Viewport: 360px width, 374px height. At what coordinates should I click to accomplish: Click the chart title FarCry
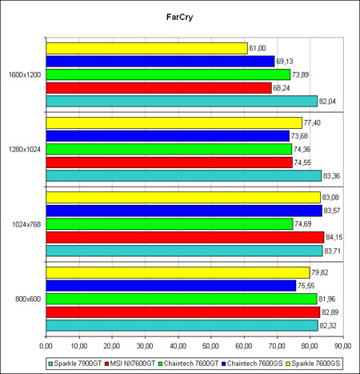pos(179,17)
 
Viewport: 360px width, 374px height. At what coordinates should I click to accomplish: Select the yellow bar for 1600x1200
pos(146,48)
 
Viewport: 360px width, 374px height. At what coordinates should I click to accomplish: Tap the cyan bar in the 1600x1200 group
pos(182,101)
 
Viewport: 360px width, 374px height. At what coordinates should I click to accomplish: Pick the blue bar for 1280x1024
pos(168,136)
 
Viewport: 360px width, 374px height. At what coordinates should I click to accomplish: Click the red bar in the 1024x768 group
pos(185,237)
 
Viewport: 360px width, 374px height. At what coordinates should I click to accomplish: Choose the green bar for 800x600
pos(182,299)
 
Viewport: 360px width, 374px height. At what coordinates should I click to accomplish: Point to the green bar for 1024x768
pos(170,224)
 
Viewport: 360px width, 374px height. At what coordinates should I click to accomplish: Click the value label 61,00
pos(258,48)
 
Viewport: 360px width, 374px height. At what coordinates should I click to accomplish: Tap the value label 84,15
pos(334,237)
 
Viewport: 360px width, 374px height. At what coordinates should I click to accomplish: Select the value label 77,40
pos(312,123)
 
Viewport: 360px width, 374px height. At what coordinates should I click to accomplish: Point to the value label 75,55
pos(306,286)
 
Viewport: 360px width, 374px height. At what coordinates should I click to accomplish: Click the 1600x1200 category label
pos(25,74)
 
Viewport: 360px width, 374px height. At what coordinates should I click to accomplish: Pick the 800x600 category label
pos(28,299)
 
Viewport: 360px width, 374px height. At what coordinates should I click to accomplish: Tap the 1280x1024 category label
pos(25,150)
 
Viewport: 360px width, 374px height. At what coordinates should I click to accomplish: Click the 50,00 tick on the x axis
pos(210,346)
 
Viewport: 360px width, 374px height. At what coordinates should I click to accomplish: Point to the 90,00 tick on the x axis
pos(343,346)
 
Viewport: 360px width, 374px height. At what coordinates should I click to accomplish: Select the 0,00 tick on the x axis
pos(46,346)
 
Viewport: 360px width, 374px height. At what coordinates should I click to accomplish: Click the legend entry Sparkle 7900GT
pos(75,364)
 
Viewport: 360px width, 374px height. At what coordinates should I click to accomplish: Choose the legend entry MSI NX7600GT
pos(130,364)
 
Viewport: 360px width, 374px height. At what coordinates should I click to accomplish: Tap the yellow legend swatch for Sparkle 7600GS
pos(288,364)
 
